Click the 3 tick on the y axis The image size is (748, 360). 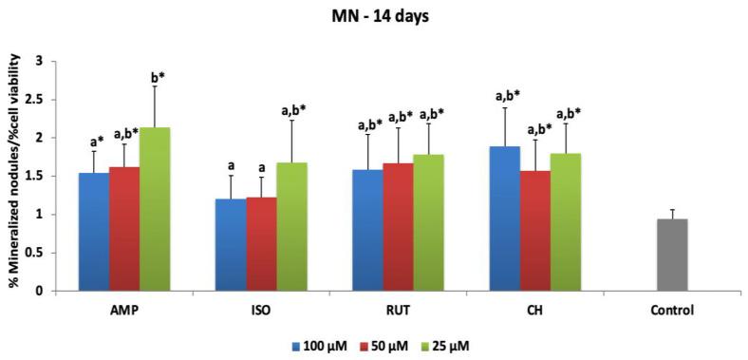tap(39, 61)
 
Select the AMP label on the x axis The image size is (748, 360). tap(123, 311)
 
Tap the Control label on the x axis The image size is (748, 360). tap(673, 311)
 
